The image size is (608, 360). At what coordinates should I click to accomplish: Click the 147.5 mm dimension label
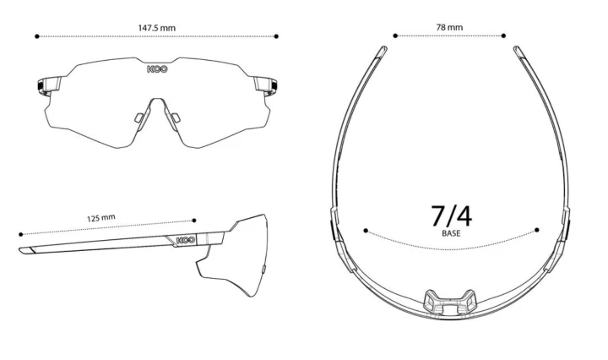click(157, 28)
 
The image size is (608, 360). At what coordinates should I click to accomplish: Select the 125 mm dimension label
click(100, 218)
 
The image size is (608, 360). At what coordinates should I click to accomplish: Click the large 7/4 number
click(451, 216)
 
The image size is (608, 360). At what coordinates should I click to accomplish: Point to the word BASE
click(451, 233)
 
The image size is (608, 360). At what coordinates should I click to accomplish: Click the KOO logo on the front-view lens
click(157, 69)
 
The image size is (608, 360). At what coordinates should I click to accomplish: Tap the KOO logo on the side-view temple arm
click(186, 241)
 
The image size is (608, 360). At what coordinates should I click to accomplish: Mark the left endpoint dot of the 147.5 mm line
click(37, 36)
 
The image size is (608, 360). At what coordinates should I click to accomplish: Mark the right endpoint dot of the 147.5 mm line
click(276, 36)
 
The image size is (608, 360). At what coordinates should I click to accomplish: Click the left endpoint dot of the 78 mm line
click(395, 35)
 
